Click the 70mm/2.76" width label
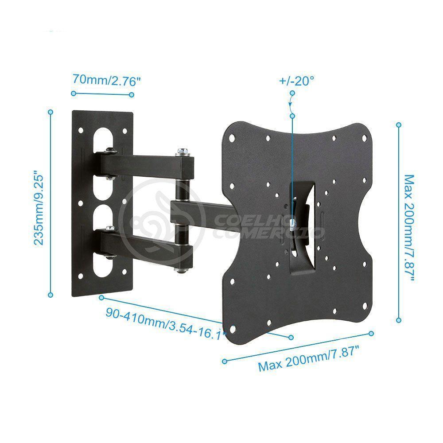(102, 81)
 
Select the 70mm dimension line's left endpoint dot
(73, 93)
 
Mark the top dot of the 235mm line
(51, 112)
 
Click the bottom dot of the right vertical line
(399, 319)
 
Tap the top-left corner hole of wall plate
(81, 130)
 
